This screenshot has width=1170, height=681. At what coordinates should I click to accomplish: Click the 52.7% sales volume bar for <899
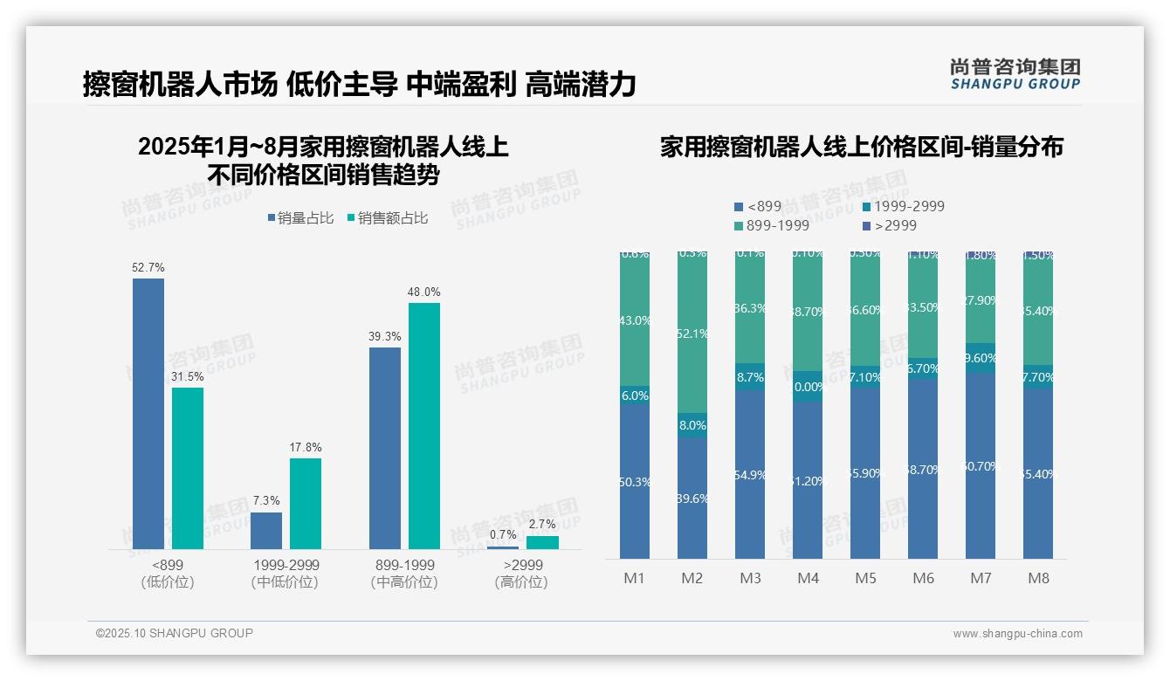(x=148, y=414)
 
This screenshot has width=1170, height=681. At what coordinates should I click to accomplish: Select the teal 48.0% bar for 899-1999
(x=424, y=426)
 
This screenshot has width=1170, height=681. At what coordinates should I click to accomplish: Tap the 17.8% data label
(x=306, y=448)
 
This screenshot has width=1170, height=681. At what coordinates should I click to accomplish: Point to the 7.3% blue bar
(x=266, y=531)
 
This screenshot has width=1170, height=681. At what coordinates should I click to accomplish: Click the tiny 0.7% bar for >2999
(x=503, y=547)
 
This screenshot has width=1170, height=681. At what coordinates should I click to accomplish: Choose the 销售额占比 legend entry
(x=388, y=218)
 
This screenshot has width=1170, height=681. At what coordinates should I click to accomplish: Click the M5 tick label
(x=865, y=578)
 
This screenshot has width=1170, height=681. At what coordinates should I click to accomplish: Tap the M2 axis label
(x=692, y=578)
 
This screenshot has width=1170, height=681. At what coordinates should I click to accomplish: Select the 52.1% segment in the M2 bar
(x=692, y=334)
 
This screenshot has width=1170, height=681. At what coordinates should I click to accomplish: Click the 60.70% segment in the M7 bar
(x=981, y=466)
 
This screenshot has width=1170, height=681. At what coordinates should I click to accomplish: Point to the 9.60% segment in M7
(x=981, y=358)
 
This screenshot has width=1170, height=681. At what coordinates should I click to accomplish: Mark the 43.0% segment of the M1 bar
(x=635, y=320)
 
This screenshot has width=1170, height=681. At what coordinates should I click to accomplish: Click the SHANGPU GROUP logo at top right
(x=1015, y=74)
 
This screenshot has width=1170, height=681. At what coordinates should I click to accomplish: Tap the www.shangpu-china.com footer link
(x=1017, y=634)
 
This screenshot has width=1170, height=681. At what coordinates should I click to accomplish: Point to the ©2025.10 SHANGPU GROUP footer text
(x=175, y=633)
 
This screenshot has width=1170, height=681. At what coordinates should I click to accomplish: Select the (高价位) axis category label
(x=521, y=582)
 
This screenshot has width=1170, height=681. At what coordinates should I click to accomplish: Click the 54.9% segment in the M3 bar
(x=750, y=474)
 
